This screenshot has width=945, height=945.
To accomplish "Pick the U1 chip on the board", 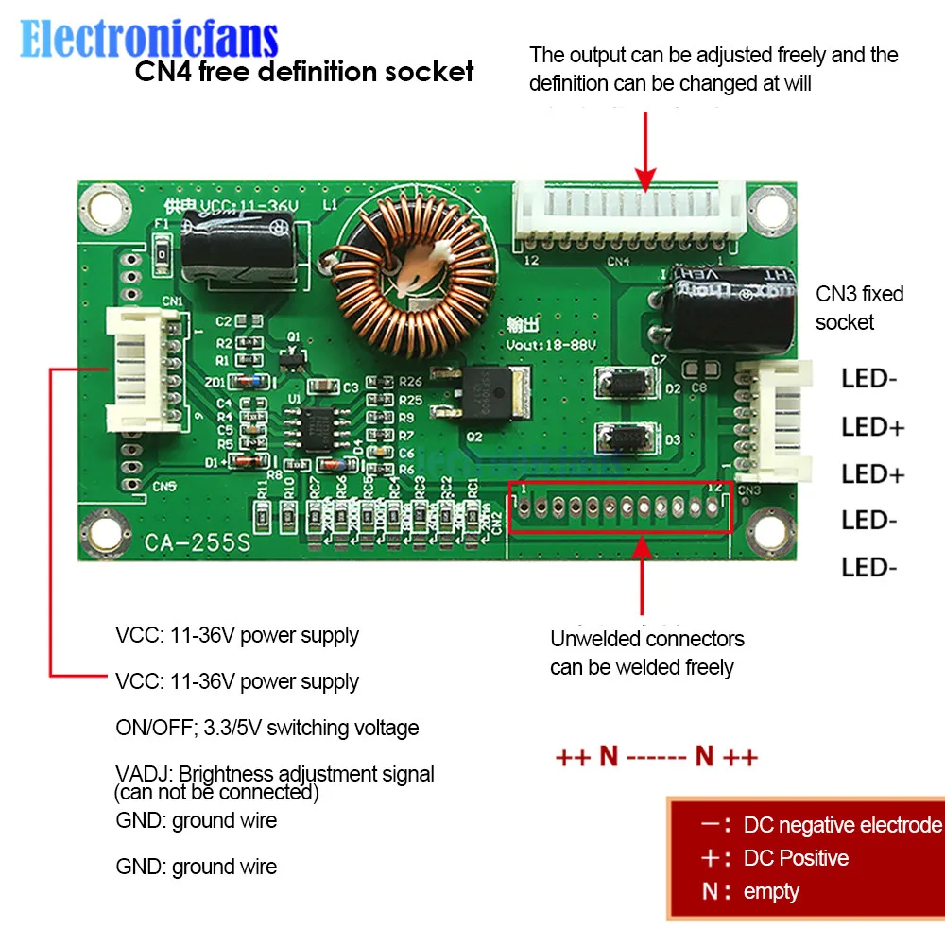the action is point(318,422).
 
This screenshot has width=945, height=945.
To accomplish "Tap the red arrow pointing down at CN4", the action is point(645,151).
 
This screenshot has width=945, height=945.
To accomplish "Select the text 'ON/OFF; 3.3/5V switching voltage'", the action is point(267,728).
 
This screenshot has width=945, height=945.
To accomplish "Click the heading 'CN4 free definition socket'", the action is point(303,71).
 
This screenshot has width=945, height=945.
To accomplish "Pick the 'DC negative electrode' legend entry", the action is point(842,825).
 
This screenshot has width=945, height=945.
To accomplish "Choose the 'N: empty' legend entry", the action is point(751,891).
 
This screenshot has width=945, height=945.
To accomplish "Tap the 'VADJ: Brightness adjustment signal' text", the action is point(275,774).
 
